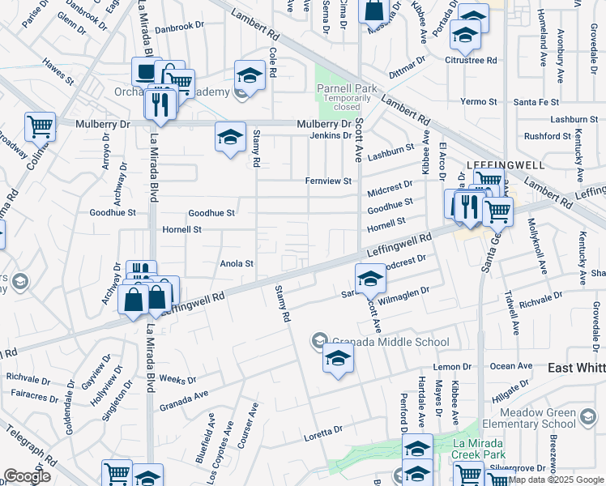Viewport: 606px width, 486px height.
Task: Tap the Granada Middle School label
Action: click(x=388, y=342)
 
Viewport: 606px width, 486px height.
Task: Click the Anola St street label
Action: click(x=237, y=263)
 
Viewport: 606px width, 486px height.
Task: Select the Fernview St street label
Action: click(x=329, y=181)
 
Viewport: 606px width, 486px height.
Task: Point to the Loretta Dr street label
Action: click(x=326, y=431)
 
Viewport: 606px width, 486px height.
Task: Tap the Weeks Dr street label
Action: click(x=177, y=379)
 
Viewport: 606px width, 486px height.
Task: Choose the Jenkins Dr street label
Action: click(x=329, y=135)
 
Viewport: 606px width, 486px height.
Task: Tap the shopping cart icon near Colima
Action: click(x=40, y=126)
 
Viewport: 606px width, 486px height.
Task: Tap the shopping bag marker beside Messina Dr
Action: click(x=374, y=11)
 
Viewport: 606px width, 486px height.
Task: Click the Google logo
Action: click(x=28, y=476)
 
